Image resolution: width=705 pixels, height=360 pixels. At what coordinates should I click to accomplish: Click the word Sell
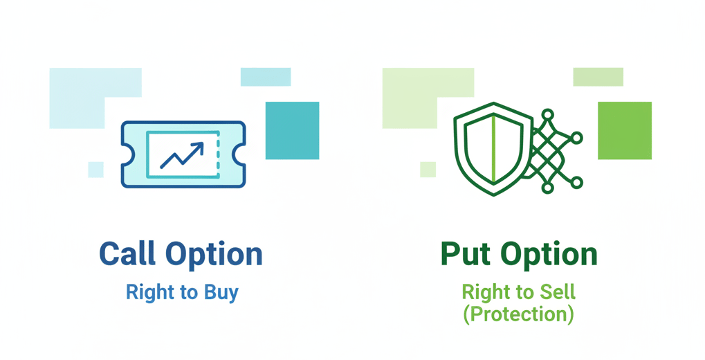pyautogui.click(x=557, y=292)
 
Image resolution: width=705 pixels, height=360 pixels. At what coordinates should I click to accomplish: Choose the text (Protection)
pyautogui.click(x=519, y=314)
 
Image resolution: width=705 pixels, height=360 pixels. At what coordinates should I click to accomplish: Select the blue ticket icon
pyautogui.click(x=131, y=154)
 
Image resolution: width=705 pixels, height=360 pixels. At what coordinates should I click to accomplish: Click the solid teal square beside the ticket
pyautogui.click(x=292, y=130)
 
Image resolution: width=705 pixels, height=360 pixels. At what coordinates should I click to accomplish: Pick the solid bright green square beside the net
pyautogui.click(x=625, y=130)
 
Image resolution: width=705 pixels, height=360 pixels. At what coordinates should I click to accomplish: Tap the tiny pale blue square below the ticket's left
pyautogui.click(x=95, y=170)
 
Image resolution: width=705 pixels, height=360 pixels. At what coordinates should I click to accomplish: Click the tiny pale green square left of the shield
pyautogui.click(x=428, y=170)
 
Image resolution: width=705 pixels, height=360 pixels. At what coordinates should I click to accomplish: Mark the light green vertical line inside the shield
pyautogui.click(x=493, y=149)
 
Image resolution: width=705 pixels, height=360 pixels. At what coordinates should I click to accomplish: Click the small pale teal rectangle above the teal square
pyautogui.click(x=266, y=77)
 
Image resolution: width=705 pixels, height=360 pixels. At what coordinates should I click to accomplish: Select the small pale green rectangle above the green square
pyautogui.click(x=598, y=77)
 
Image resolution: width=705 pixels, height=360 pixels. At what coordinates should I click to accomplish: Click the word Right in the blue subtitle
pyautogui.click(x=143, y=292)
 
